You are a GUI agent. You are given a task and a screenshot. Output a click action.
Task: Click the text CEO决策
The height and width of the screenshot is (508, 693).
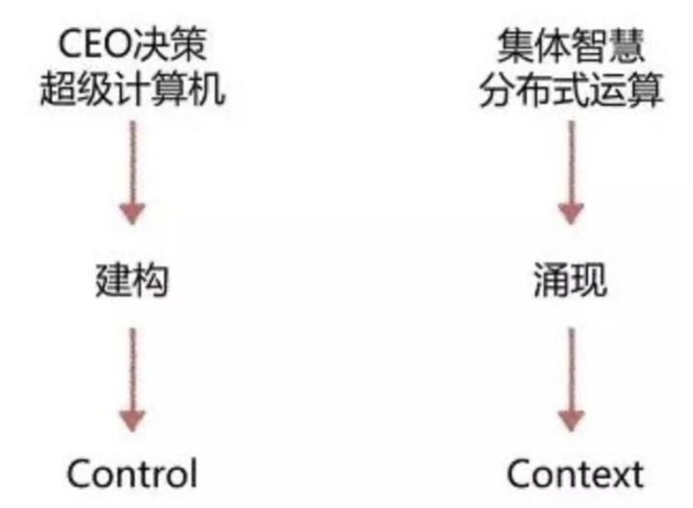click(x=133, y=44)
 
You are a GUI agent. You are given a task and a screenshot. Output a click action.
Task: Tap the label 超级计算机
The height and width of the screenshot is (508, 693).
click(x=133, y=89)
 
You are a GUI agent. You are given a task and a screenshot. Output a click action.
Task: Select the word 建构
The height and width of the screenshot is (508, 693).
click(x=132, y=280)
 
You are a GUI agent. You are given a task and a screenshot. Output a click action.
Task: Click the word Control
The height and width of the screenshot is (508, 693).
click(x=132, y=473)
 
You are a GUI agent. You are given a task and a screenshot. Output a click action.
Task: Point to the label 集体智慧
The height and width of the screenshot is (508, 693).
click(x=571, y=46)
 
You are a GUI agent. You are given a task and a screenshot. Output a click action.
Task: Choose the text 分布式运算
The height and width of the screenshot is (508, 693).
click(x=571, y=89)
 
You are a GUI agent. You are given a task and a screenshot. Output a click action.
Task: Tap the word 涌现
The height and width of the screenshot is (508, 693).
click(x=570, y=280)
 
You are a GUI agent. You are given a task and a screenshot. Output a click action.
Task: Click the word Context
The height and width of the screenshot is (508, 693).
click(x=575, y=473)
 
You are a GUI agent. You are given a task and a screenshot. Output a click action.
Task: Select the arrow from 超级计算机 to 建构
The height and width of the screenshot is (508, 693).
click(x=133, y=172)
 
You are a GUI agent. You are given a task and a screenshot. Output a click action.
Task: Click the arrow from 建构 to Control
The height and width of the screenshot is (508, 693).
click(x=133, y=379)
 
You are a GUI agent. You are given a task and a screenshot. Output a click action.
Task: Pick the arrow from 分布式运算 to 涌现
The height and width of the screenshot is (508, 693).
click(x=571, y=172)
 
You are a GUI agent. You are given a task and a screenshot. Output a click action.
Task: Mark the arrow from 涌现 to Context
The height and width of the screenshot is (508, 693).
click(x=571, y=379)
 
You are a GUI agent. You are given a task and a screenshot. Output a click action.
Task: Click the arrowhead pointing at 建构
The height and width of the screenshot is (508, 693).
click(x=133, y=214)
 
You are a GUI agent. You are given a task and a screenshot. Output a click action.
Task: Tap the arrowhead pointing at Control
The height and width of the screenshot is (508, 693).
click(x=133, y=421)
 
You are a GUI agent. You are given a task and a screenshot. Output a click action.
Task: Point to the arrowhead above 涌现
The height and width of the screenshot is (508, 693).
click(x=571, y=214)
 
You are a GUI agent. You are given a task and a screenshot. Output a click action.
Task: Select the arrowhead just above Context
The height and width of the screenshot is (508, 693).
click(x=571, y=421)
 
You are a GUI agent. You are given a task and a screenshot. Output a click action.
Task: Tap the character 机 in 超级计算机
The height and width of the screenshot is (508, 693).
click(x=207, y=89)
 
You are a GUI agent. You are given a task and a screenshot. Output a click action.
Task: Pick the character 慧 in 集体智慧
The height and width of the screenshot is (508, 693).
click(x=627, y=46)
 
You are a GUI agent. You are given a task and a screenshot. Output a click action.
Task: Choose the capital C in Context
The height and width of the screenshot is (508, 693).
click(x=520, y=473)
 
